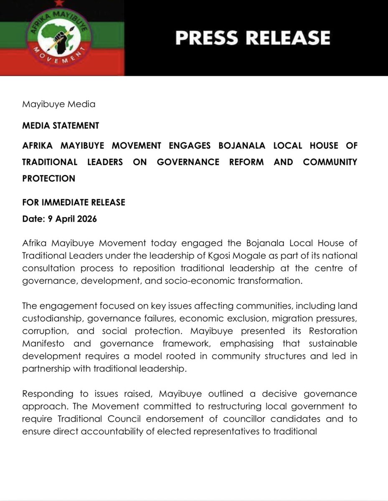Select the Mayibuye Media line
click(x=58, y=104)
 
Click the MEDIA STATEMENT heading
click(x=61, y=125)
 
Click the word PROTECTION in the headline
click(x=48, y=178)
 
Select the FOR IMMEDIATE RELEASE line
click(x=74, y=202)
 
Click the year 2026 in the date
click(x=87, y=219)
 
